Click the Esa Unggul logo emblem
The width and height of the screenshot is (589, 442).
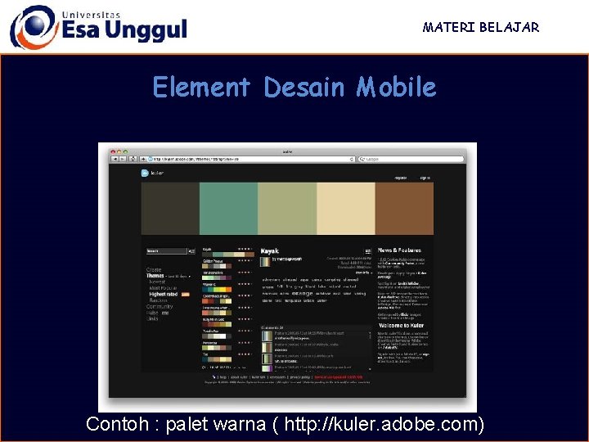tap(34, 27)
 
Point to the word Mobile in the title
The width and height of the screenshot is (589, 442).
tap(396, 87)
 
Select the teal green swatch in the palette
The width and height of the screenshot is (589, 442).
tap(228, 210)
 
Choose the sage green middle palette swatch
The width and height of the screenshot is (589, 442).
tap(287, 210)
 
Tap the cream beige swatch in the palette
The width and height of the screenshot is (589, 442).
tap(345, 210)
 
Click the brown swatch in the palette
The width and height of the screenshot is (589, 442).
tap(404, 210)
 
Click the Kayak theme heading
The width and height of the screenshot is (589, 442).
tap(269, 250)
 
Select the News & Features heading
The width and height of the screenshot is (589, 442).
tap(399, 250)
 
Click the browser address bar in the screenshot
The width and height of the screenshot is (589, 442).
tap(245, 160)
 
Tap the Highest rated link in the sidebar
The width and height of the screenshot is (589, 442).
tap(163, 294)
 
